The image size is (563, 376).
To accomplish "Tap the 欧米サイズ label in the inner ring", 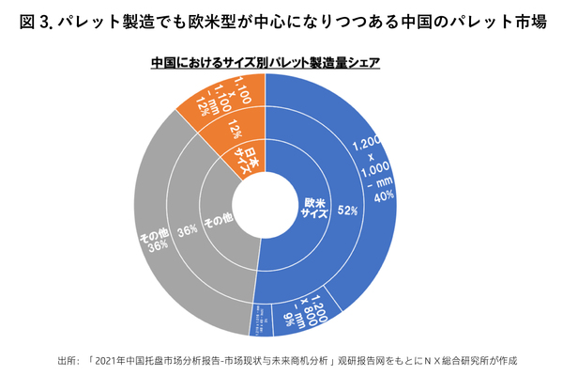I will pos(312,208).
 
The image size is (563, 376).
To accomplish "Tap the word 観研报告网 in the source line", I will pos(359,360).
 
